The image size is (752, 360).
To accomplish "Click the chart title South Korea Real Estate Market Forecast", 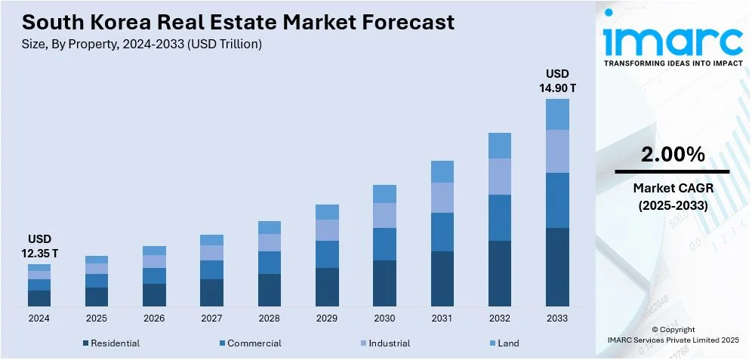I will point(233,22).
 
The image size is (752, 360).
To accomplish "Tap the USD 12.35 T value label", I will point(39,245).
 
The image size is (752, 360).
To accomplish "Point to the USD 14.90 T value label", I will point(557,81).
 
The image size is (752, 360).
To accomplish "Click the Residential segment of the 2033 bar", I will point(557,266).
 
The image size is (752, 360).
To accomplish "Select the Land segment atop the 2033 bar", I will point(557,114).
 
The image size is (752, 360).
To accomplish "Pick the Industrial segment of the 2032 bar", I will point(500,177).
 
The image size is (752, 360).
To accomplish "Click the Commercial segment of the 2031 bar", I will point(442,232).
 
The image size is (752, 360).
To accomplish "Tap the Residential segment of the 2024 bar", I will point(39,298).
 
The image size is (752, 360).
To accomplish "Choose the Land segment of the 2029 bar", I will point(327,212).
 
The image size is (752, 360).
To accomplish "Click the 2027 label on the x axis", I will point(211,318).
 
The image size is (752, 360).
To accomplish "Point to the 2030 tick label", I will point(384,318).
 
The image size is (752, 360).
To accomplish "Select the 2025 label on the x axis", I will point(97,318).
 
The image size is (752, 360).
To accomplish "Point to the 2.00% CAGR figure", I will point(673,155).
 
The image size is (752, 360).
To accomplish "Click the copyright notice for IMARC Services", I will point(673,335).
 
